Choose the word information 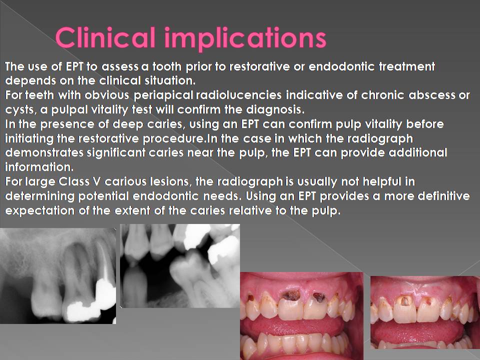pos(36,166)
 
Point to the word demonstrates pos(40,152)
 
